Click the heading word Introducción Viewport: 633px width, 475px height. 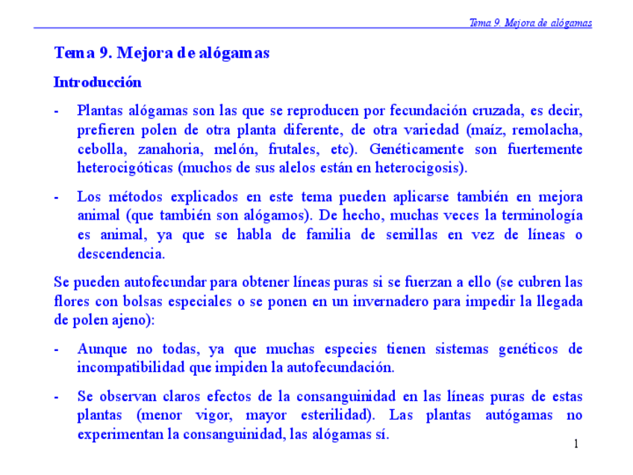coord(97,82)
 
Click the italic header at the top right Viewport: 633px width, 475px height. coord(530,22)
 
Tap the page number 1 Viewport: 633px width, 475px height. coord(576,444)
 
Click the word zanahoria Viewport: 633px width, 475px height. coord(172,149)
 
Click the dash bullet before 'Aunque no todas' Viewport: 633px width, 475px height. coord(57,349)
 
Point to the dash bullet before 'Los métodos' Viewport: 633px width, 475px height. coord(57,197)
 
